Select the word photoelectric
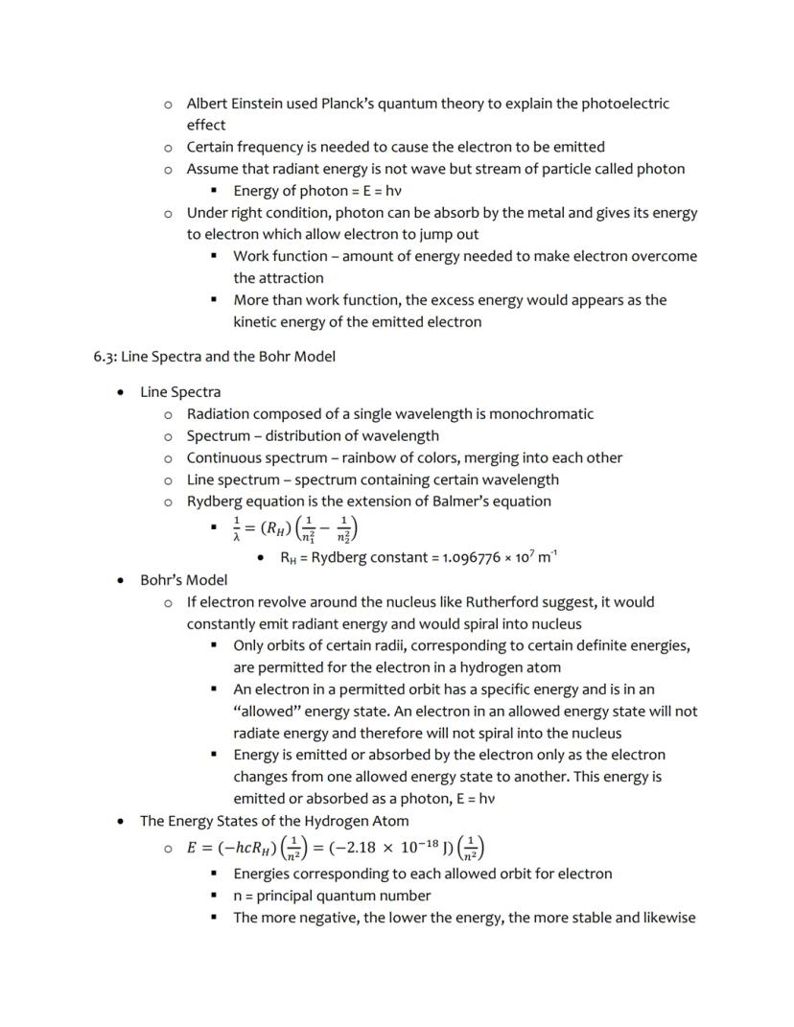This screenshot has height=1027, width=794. pyautogui.click(x=625, y=104)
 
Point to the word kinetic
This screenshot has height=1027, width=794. pyautogui.click(x=257, y=322)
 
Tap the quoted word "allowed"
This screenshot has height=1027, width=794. pyautogui.click(x=266, y=712)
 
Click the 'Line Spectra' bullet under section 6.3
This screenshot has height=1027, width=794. pyautogui.click(x=180, y=392)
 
